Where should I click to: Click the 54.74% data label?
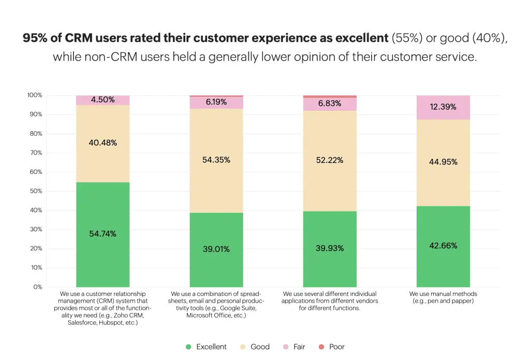(x=102, y=234)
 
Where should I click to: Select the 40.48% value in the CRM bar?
(x=102, y=143)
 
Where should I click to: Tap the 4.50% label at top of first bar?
(x=102, y=100)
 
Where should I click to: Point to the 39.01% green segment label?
(x=216, y=249)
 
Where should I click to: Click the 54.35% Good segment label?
(x=216, y=160)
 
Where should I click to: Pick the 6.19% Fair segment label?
(x=216, y=102)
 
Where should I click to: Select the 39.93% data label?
(x=330, y=248)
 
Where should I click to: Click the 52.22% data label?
(x=330, y=160)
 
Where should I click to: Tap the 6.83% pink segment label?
(x=330, y=103)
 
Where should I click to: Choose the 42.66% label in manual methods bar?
(x=443, y=246)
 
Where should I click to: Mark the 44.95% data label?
(x=443, y=162)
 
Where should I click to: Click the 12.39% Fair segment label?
(x=443, y=107)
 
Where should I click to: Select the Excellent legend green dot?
(x=188, y=347)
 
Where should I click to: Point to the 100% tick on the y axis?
(x=35, y=95)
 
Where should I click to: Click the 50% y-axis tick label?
(x=36, y=191)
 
